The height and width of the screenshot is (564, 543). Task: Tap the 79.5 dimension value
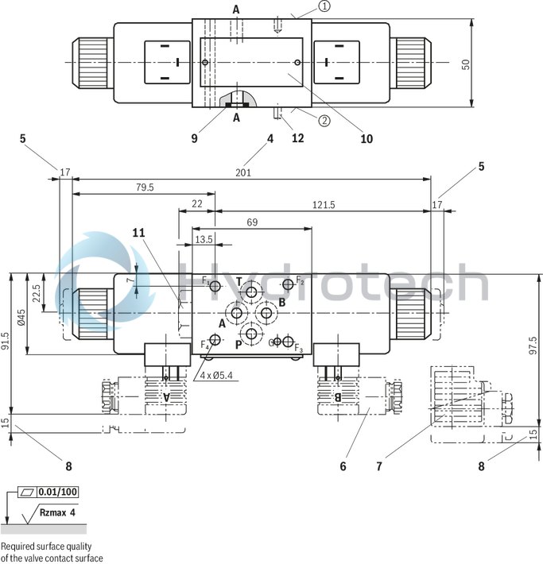145,187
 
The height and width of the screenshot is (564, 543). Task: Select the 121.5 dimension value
323,204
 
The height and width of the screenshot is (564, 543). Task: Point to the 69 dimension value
252,222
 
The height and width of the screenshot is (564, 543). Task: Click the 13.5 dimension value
204,239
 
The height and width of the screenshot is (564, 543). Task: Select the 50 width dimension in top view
467,64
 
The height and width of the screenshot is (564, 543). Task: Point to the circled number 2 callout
324,121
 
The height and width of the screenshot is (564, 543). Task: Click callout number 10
366,138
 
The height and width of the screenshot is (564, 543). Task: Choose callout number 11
139,232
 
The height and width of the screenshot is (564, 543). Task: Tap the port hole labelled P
252,334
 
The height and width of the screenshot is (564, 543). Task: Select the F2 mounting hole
288,284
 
